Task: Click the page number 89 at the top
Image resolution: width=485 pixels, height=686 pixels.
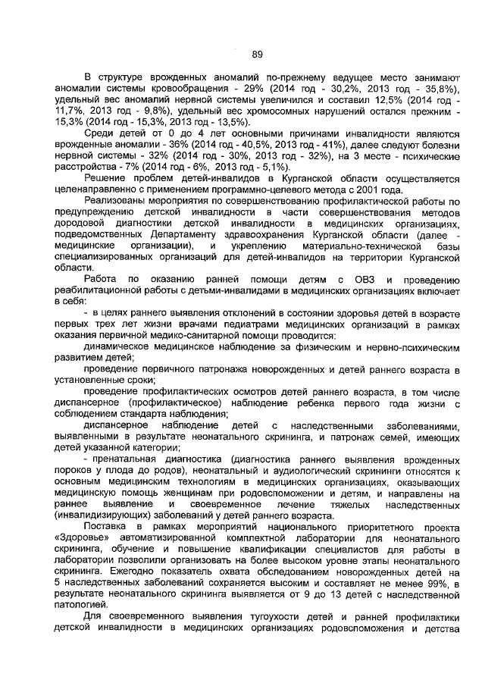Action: (x=257, y=54)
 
